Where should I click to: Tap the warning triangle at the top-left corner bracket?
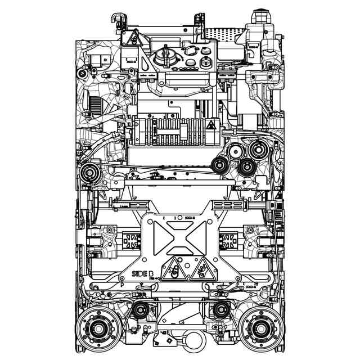click(130, 39)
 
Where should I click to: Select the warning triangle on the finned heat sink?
click(210, 125)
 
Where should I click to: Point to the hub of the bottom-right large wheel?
click(259, 328)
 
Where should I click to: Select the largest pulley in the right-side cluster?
click(258, 150)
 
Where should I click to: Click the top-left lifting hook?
click(117, 19)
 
